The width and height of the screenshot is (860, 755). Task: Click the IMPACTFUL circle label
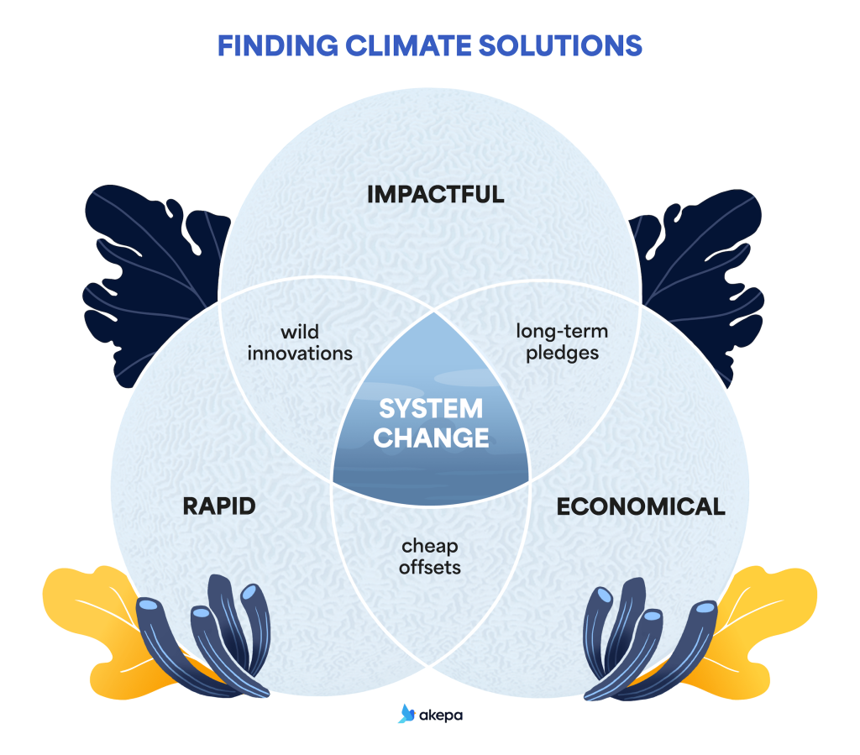click(x=436, y=195)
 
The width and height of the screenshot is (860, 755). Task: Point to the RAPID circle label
click(x=219, y=506)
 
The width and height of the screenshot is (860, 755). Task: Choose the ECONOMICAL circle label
click(x=641, y=506)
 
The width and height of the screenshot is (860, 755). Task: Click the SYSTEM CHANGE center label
click(x=431, y=423)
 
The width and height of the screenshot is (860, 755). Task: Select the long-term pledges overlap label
click(x=562, y=342)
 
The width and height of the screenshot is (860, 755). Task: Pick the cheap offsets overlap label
click(x=430, y=557)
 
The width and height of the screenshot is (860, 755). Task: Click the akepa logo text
click(x=442, y=716)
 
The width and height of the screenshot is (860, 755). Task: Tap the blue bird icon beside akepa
click(x=407, y=714)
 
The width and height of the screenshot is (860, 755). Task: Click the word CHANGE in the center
click(x=431, y=438)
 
